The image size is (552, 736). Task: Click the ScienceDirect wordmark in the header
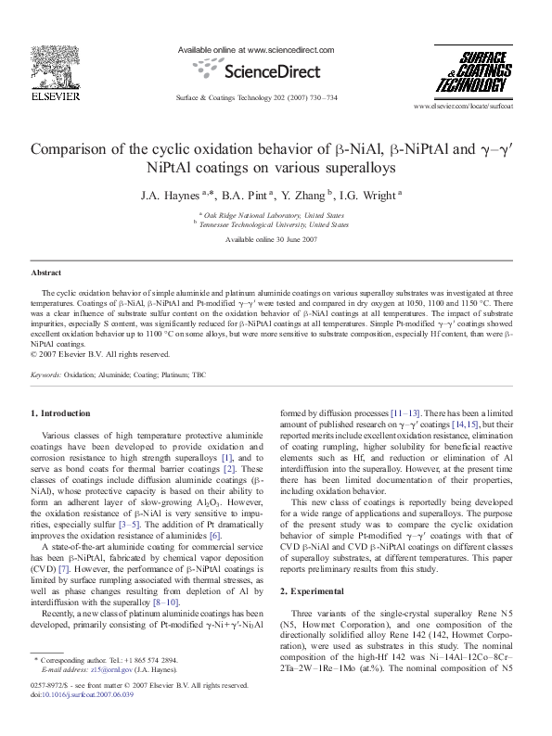(x=256, y=70)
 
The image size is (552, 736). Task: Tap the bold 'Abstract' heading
(x=46, y=273)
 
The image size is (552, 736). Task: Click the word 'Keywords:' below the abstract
(x=46, y=374)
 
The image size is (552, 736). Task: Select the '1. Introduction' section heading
(x=60, y=412)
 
